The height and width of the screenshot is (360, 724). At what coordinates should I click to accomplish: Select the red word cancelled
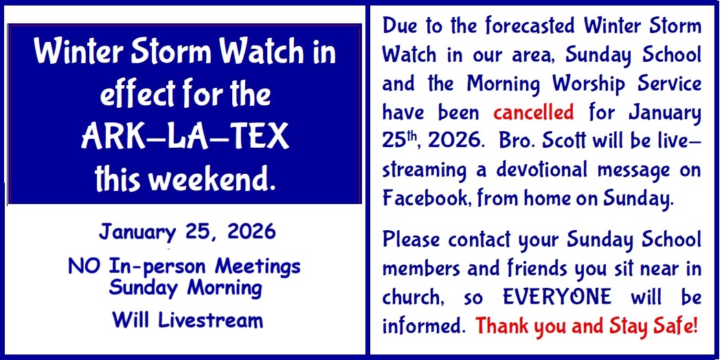[x=534, y=112]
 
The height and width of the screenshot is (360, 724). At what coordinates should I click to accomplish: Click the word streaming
[x=425, y=171]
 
